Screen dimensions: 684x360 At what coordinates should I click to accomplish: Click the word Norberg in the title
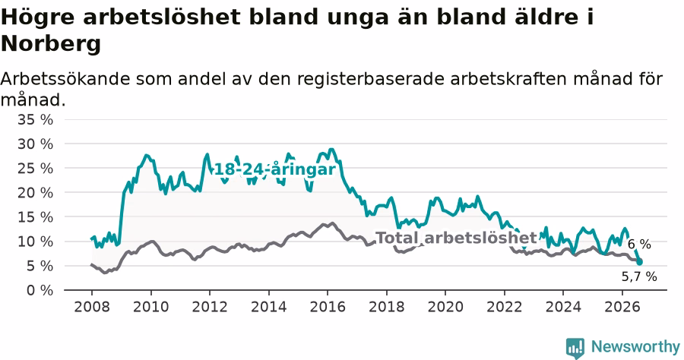point(51,43)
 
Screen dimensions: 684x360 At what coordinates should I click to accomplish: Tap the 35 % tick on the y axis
point(35,119)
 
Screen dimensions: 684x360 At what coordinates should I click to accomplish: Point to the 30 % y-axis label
point(35,144)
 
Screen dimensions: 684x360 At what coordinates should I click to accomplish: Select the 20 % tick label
point(35,193)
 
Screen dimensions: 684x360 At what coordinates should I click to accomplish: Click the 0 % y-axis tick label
point(40,290)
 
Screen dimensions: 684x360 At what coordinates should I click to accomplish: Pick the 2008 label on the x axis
point(92,307)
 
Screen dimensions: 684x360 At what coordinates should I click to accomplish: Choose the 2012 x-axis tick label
point(210,307)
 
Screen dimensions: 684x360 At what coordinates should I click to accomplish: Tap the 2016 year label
point(328,307)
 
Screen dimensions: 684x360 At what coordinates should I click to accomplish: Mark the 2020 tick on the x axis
point(445,307)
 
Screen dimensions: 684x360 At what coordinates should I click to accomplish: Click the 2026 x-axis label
point(622,307)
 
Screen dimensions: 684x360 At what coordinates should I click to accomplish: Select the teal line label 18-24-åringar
point(275,169)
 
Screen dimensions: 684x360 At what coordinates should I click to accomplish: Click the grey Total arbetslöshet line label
point(456,238)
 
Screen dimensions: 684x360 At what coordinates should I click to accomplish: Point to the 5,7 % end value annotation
point(639,276)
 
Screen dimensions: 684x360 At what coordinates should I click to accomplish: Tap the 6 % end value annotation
point(639,245)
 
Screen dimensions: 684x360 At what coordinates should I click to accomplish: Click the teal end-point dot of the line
point(639,262)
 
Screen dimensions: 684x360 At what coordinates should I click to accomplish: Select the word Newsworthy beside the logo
point(635,347)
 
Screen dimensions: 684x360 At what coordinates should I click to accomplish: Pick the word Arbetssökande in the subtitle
point(65,79)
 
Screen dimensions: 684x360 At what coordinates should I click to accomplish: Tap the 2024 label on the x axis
point(563,307)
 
